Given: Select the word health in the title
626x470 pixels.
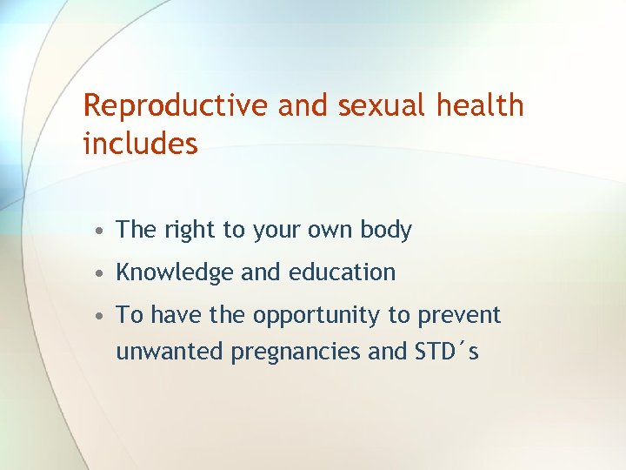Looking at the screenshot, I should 481,106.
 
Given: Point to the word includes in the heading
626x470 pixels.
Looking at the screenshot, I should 140,144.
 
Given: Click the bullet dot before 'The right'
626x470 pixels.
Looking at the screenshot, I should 103,231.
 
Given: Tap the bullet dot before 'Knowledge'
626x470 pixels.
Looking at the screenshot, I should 103,273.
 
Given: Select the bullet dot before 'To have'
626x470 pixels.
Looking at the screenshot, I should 103,316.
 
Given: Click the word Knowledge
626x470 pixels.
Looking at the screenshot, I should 175,272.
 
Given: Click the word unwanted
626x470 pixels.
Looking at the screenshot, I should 170,352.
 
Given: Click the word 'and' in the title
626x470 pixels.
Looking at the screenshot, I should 303,106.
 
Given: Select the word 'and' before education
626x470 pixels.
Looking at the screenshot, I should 261,272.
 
